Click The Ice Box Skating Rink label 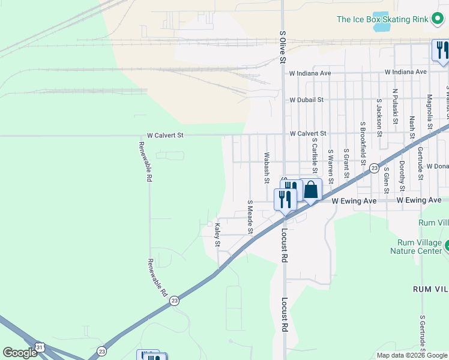[382, 19]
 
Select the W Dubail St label [306, 100]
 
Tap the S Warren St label [331, 165]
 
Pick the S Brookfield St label [363, 142]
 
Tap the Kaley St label [218, 235]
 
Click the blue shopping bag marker [311, 190]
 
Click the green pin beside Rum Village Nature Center [446, 245]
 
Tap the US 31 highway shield [40, 347]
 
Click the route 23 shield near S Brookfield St [374, 168]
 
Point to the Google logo [20, 353]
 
